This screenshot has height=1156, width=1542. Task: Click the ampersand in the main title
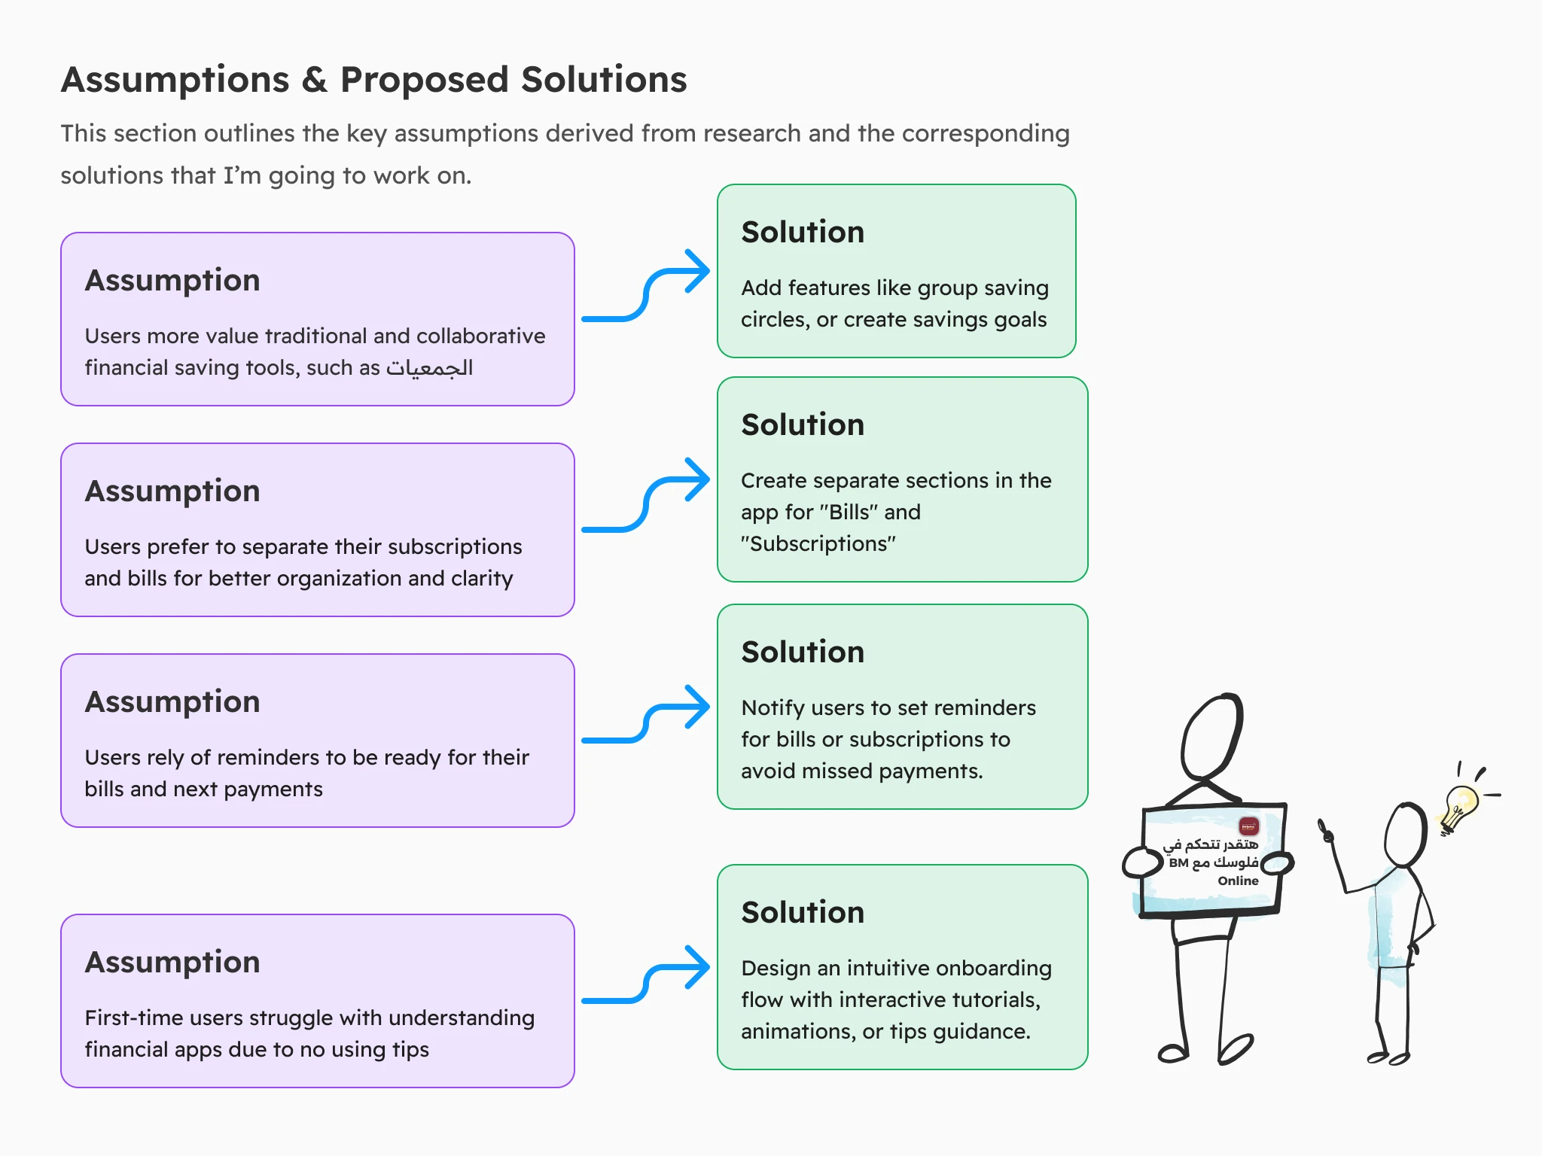315,80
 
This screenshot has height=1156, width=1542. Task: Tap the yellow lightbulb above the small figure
1461,805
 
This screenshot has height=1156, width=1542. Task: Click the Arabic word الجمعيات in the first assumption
429,367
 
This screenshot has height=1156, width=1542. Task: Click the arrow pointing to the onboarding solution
646,975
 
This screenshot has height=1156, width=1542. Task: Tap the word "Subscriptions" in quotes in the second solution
818,543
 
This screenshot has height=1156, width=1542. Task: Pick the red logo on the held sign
1248,826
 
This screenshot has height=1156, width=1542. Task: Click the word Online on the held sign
1238,881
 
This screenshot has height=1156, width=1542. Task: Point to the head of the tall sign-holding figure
1211,738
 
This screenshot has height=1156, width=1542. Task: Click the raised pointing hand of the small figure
1326,831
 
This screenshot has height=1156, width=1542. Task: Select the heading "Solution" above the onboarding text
803,912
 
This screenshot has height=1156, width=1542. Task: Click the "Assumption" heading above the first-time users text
172,962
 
